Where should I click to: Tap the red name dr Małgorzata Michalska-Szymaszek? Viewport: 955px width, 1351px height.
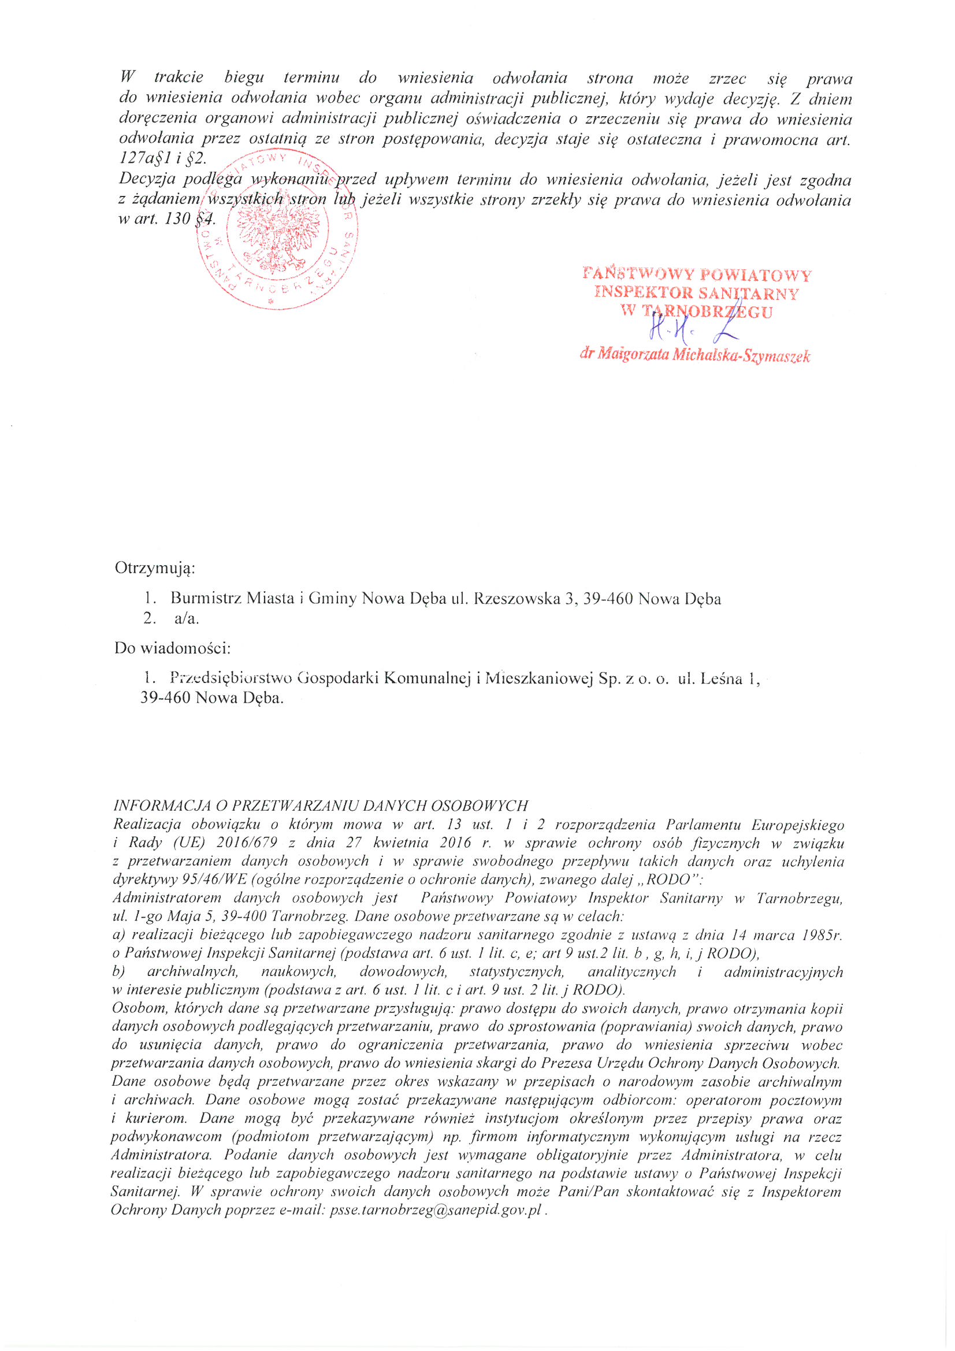694,355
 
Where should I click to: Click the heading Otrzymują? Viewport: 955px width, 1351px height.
155,568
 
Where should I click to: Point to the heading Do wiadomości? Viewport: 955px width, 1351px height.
172,648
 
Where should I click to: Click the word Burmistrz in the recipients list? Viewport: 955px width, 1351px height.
206,599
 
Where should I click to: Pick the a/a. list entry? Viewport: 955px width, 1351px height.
187,618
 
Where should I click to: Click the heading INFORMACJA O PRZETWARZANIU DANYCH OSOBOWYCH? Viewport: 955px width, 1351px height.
320,806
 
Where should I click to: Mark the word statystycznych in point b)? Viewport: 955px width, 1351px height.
516,972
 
